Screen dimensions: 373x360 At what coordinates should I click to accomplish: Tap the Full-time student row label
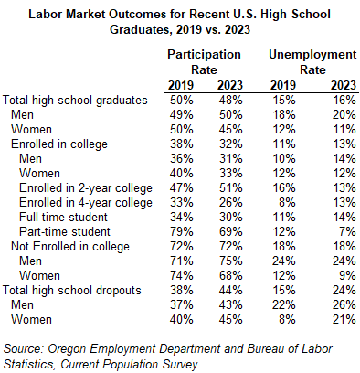coord(67,217)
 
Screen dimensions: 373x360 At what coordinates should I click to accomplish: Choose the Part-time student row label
coord(68,231)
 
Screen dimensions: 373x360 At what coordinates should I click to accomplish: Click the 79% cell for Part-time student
coord(178,231)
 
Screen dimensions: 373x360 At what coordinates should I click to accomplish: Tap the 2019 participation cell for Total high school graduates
coord(178,100)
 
